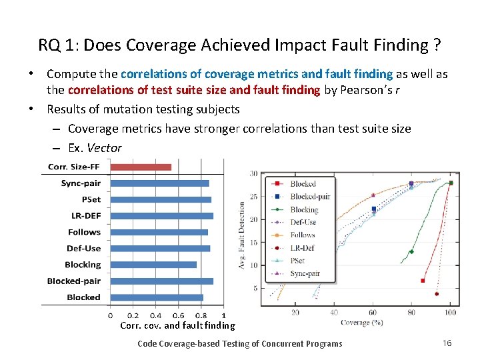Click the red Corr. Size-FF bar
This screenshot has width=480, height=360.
[140, 167]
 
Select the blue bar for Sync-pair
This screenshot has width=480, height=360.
[159, 183]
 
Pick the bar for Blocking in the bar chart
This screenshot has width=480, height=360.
[153, 265]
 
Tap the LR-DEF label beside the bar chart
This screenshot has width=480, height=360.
[86, 216]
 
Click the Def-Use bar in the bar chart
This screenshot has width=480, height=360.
[160, 248]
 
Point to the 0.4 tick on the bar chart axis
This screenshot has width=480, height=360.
[155, 315]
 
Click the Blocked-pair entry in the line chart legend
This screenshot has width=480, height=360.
[309, 197]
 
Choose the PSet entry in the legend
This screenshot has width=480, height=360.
[298, 261]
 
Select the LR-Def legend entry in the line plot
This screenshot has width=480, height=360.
[302, 248]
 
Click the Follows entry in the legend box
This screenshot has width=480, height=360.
[302, 235]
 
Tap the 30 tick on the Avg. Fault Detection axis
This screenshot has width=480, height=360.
[253, 174]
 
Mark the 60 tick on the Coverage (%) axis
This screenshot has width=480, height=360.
[373, 312]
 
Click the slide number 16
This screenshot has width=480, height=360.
[447, 343]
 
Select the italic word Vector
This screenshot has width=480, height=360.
[105, 148]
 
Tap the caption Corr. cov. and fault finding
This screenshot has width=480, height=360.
[177, 326]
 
